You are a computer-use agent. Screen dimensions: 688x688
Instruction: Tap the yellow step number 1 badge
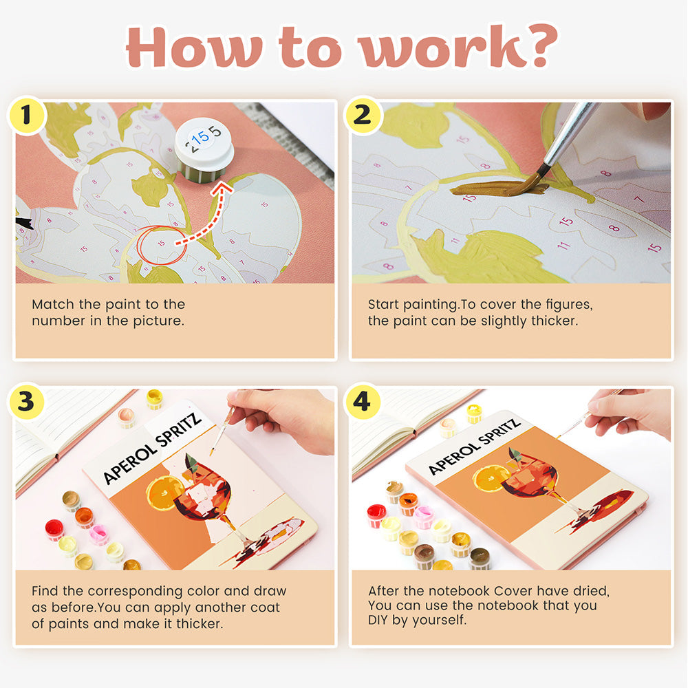tap(27, 115)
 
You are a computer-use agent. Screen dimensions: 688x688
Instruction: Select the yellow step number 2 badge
tap(363, 115)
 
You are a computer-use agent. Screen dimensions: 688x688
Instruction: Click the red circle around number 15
tap(162, 246)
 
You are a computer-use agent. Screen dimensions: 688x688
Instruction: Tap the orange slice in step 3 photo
tap(164, 493)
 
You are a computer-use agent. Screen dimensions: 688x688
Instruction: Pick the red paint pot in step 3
tap(54, 529)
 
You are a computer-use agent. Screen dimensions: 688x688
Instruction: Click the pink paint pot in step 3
tap(98, 534)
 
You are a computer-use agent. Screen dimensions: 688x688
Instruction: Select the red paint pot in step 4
tap(376, 515)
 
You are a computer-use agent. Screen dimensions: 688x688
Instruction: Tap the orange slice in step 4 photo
tap(491, 478)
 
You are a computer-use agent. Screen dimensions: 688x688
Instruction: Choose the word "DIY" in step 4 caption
tap(378, 620)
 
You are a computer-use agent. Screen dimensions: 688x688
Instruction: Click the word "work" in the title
tap(442, 47)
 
